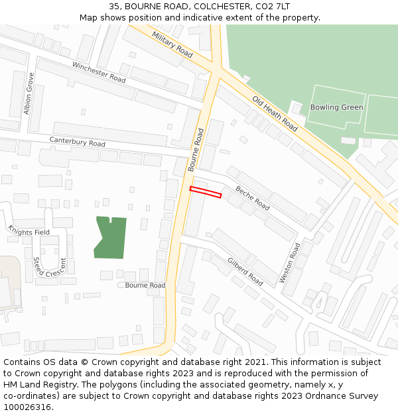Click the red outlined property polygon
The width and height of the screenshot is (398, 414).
pyautogui.click(x=205, y=192)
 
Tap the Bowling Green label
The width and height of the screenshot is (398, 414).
pyautogui.click(x=336, y=107)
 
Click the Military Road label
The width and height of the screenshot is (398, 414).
pyautogui.click(x=172, y=44)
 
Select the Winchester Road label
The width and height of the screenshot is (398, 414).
pyautogui.click(x=99, y=72)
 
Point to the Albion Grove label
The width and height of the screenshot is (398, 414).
pyautogui.click(x=29, y=93)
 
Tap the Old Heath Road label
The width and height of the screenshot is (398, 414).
pyautogui.click(x=275, y=113)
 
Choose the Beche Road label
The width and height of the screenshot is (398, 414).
pyautogui.click(x=252, y=197)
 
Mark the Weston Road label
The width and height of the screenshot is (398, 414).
pyautogui.click(x=290, y=263)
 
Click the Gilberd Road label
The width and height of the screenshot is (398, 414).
pyautogui.click(x=245, y=272)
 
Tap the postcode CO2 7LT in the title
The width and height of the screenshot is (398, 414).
pyautogui.click(x=271, y=6)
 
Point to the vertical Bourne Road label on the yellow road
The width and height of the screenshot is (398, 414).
pyautogui.click(x=196, y=150)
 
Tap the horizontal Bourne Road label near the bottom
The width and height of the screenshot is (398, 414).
pyautogui.click(x=145, y=285)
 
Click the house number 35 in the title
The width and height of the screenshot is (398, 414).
pyautogui.click(x=114, y=6)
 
